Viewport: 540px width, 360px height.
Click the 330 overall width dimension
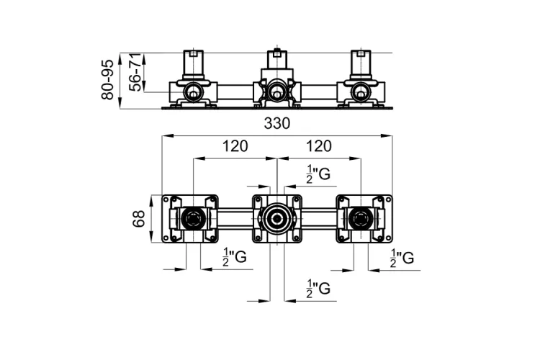277,123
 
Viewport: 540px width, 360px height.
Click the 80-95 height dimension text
107,80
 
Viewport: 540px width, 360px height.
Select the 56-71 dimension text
135,72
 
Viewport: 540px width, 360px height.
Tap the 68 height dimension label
138,219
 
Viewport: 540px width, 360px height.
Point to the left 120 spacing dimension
235,146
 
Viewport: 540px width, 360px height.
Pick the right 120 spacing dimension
318,146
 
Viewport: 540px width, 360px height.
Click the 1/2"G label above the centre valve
318,174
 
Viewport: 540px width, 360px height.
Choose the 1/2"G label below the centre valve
318,288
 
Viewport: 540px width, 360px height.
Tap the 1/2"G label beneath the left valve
235,257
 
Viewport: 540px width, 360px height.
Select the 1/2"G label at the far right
402,258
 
